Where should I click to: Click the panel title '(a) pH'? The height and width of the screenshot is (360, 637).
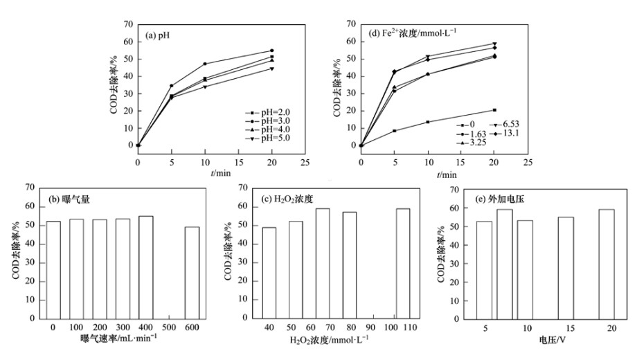point(159,33)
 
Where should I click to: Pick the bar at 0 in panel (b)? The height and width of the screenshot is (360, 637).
point(53,270)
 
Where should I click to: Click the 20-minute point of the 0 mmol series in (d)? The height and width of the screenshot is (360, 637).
point(494,110)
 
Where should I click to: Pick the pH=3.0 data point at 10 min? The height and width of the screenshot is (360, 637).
point(205,64)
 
